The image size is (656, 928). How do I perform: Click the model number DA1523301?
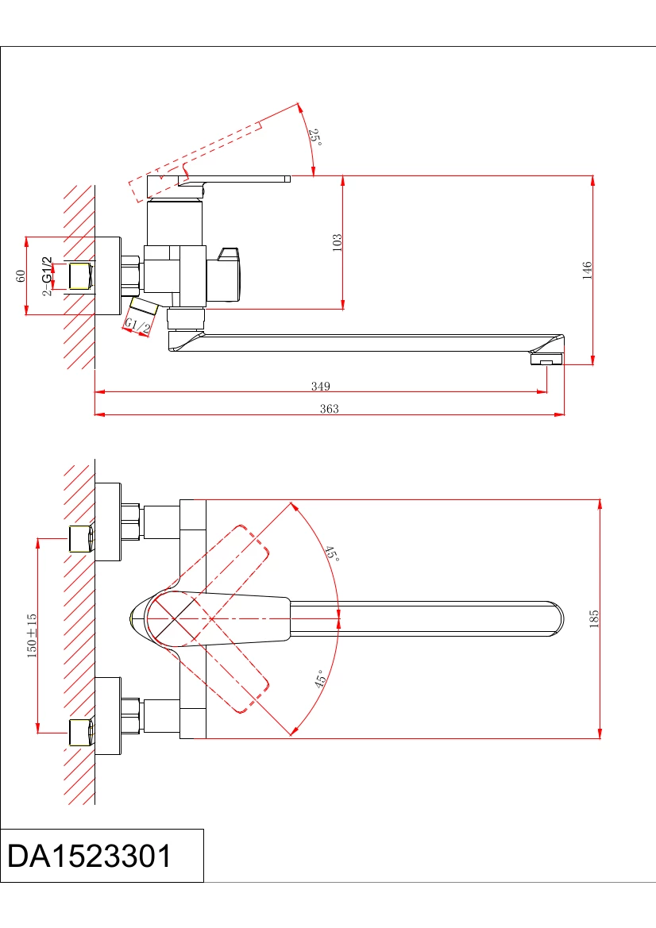point(90,857)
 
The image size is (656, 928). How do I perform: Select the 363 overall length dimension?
point(329,408)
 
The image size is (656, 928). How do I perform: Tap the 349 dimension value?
point(320,386)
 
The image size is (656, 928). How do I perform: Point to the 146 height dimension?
point(587,270)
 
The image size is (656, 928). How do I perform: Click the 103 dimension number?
point(337,243)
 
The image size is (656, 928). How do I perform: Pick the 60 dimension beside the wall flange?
point(21,275)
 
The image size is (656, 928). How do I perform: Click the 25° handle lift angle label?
point(315,137)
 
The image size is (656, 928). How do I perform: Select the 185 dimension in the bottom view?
point(594,618)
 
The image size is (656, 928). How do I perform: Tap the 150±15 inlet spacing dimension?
point(32,636)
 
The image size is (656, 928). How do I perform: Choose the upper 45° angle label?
point(331,554)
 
